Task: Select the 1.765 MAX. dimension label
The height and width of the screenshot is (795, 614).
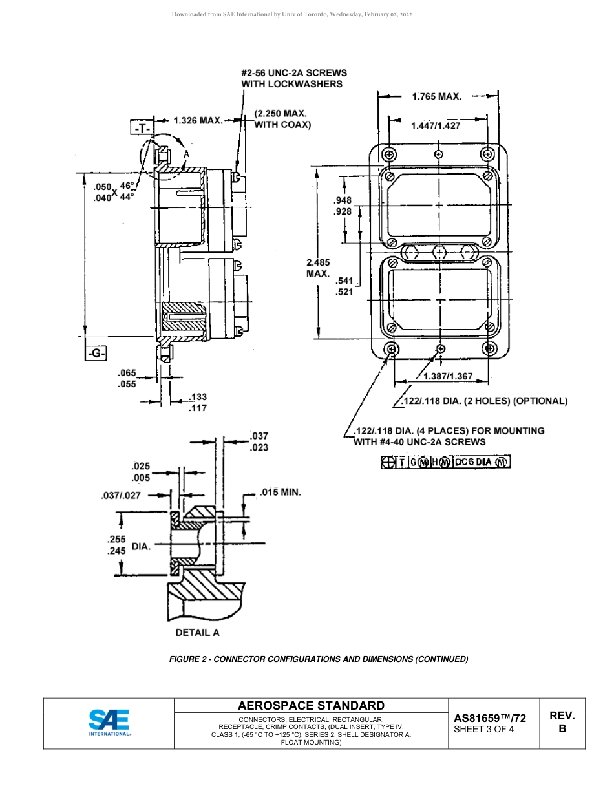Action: pyautogui.click(x=437, y=97)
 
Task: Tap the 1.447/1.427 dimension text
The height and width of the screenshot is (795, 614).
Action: pyautogui.click(x=436, y=126)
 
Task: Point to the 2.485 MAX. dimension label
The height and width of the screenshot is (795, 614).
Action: pyautogui.click(x=318, y=268)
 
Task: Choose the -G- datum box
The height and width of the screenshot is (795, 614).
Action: pyautogui.click(x=95, y=354)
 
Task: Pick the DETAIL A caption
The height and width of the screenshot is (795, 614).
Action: pyautogui.click(x=197, y=633)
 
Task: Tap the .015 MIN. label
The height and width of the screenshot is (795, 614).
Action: pyautogui.click(x=280, y=493)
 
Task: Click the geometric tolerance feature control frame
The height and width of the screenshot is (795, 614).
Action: pyautogui.click(x=445, y=461)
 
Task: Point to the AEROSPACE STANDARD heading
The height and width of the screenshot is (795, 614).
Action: pyautogui.click(x=311, y=706)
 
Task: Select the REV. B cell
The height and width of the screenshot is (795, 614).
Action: pyautogui.click(x=562, y=722)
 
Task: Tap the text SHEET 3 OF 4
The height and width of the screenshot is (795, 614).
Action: pyautogui.click(x=484, y=730)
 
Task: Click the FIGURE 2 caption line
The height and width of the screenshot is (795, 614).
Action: pyautogui.click(x=318, y=659)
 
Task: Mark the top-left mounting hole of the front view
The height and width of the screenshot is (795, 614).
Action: pyautogui.click(x=388, y=155)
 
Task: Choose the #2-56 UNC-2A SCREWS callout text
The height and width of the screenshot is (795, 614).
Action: pyautogui.click(x=294, y=78)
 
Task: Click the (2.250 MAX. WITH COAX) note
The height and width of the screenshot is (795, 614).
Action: pyautogui.click(x=282, y=119)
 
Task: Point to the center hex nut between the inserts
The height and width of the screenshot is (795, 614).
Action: pyautogui.click(x=439, y=251)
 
